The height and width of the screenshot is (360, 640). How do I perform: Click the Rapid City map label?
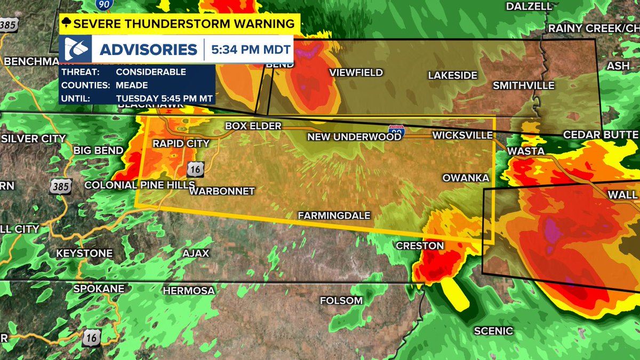181,143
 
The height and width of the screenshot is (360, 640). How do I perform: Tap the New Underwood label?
354,137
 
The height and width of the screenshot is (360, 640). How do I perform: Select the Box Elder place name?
253,126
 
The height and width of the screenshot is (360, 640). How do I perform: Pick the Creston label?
420,245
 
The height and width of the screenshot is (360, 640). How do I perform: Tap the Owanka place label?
466,178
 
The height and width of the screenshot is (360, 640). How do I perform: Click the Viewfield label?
356,73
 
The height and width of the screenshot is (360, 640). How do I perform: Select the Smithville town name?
523,85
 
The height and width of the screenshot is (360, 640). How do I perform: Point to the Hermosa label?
189,291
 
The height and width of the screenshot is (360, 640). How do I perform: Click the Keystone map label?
84,253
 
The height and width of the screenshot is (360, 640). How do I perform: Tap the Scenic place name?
493,331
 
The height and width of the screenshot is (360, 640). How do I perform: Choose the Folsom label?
341,301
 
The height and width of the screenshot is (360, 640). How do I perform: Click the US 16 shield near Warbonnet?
195,170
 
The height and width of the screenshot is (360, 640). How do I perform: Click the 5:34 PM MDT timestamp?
251,50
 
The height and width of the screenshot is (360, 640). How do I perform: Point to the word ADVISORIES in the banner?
149,50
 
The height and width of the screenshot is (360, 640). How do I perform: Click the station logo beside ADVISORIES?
76,50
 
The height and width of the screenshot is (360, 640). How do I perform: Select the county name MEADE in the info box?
132,85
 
